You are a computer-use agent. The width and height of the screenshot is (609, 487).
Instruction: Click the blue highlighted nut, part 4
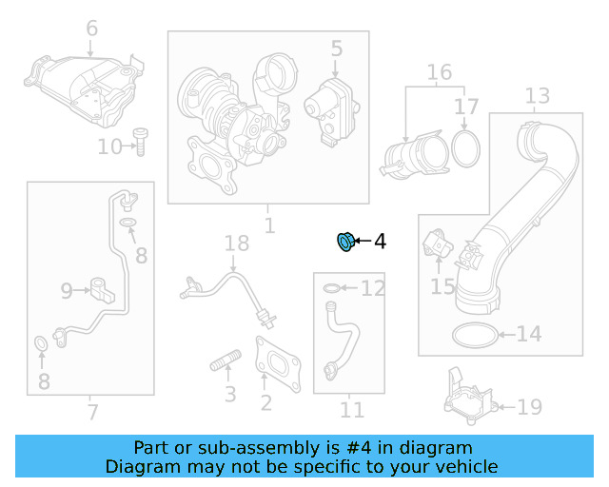344,242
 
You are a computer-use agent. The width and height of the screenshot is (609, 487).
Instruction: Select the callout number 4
380,242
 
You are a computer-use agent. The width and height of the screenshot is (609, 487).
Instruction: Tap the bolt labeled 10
140,142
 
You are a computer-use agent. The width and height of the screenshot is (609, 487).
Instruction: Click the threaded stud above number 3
226,360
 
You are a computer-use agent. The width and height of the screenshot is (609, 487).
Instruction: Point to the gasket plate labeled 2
278,364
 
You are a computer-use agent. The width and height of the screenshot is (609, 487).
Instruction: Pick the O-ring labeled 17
465,149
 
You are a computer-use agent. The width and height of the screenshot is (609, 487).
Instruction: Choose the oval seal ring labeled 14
475,335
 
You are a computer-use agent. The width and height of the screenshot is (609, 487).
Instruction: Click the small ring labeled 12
332,288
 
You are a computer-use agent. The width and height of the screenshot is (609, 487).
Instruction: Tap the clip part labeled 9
103,290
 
